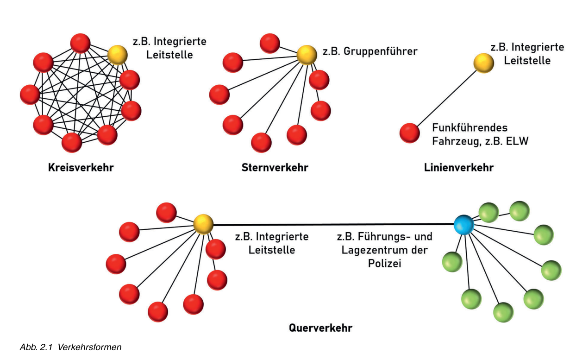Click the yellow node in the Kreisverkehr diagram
117,55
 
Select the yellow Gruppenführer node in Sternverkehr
307,54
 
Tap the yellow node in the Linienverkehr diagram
483,63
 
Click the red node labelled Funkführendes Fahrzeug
410,133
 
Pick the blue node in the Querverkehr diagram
464,224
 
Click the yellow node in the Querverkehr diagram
203,224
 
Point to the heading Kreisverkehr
81,167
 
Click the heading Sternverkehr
275,167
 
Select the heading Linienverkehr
458,167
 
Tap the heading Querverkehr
320,328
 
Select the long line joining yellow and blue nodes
333,225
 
